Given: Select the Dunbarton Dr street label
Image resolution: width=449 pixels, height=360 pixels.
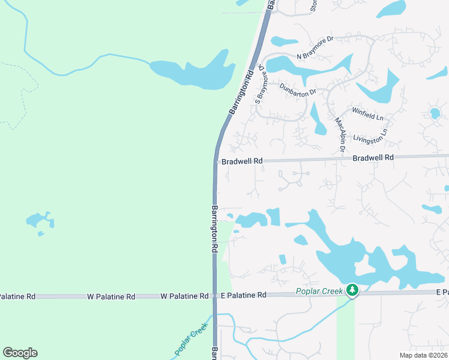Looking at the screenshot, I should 298,91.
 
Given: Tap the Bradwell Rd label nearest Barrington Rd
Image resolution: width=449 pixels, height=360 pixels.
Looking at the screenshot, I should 243,161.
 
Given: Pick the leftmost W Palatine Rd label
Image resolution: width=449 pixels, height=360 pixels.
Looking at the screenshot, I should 16,296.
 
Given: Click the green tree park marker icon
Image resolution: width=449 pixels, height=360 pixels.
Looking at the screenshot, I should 352,291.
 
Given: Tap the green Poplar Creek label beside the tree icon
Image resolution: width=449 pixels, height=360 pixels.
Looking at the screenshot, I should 319,292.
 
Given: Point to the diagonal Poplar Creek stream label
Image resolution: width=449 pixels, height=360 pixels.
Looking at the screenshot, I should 191,343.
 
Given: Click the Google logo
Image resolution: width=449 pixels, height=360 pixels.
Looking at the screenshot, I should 20,353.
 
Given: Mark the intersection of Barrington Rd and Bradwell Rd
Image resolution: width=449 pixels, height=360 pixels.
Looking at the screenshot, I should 215,162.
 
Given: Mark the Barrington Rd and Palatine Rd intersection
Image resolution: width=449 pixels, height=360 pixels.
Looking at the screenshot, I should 214,296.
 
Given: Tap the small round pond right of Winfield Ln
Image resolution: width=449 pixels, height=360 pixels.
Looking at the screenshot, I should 435,112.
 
